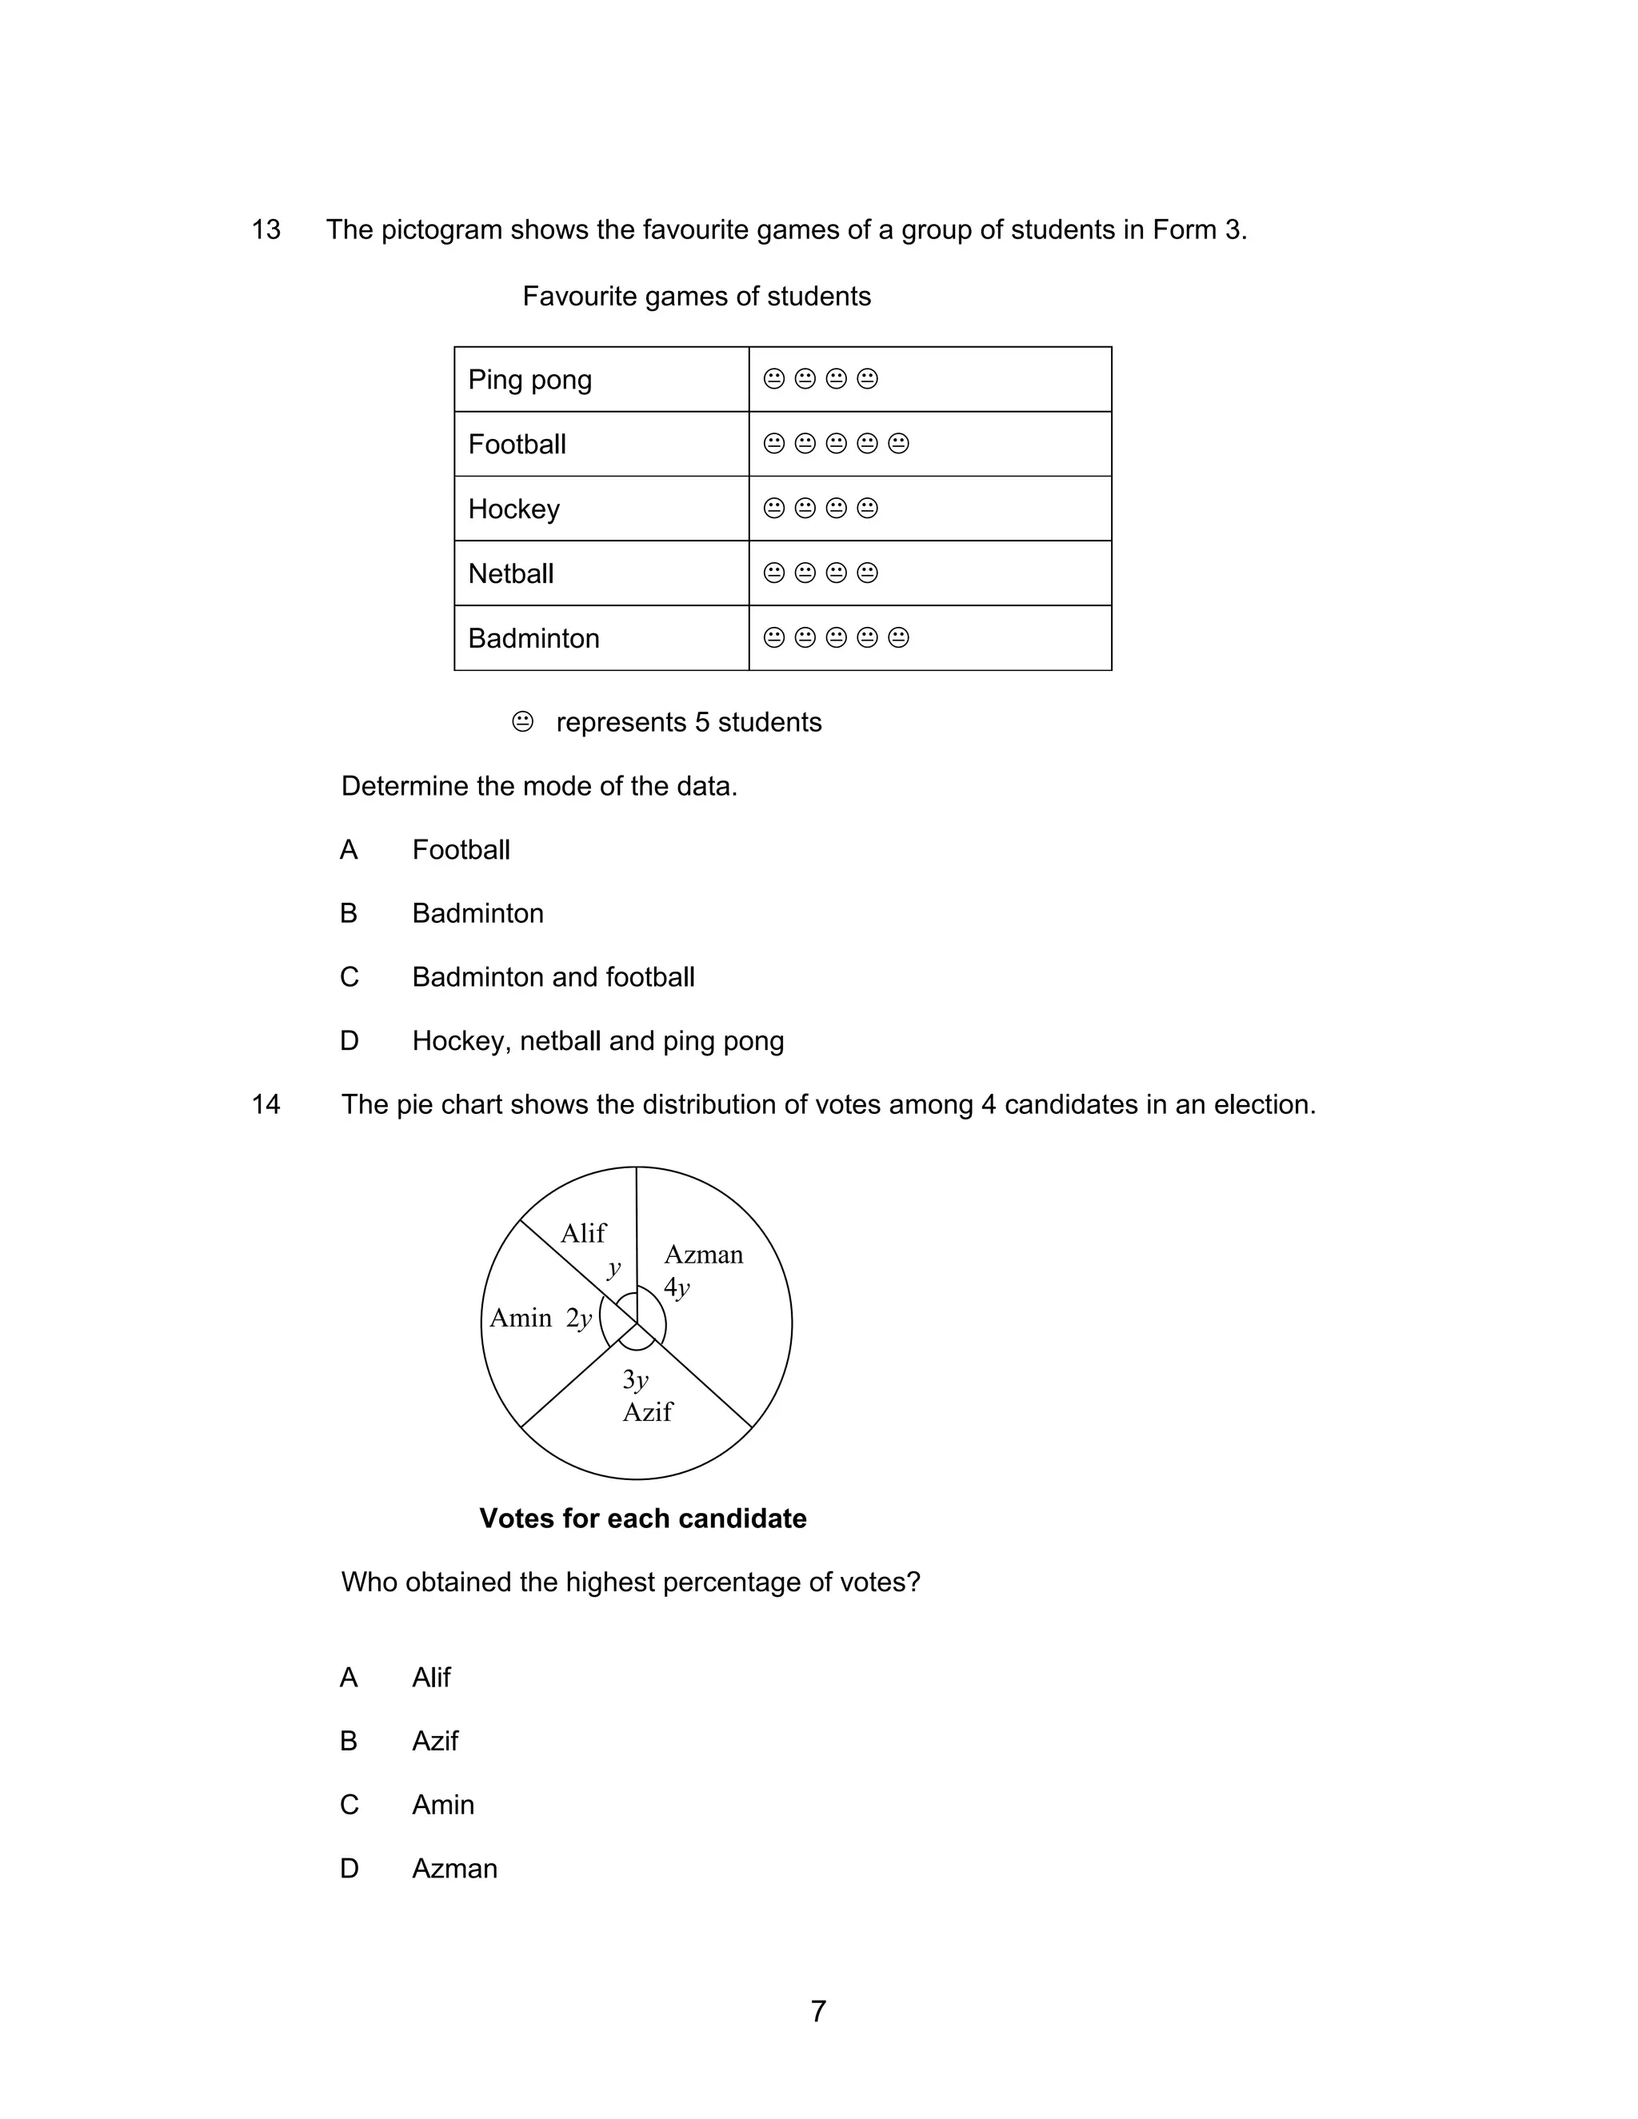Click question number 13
(266, 230)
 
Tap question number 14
(266, 1104)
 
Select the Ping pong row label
(529, 379)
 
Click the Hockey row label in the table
(513, 509)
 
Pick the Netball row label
(510, 573)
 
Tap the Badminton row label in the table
(533, 638)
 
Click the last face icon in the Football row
(898, 444)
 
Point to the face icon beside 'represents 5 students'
(522, 722)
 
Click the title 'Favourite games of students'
(696, 296)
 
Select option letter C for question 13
(350, 977)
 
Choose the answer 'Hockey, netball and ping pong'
(597, 1041)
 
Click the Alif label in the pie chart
(583, 1233)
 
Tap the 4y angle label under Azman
(677, 1288)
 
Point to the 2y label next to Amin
(579, 1319)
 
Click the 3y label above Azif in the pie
(634, 1379)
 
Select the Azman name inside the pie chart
(704, 1255)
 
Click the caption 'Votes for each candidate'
(642, 1518)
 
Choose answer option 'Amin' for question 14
(442, 1805)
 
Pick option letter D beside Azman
(350, 1869)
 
